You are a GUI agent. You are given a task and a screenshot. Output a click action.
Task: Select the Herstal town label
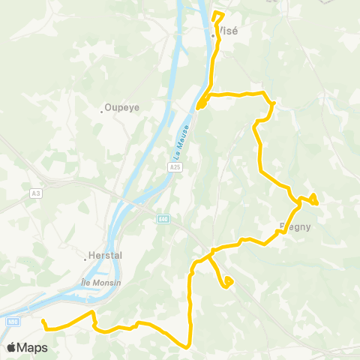click(x=105, y=255)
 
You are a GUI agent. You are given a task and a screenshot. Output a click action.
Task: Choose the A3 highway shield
click(x=35, y=193)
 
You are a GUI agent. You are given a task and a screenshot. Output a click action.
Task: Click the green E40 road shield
click(x=163, y=219)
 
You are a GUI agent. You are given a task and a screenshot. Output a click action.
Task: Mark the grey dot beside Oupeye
click(x=103, y=112)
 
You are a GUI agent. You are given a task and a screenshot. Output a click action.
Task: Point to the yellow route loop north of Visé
click(x=218, y=16)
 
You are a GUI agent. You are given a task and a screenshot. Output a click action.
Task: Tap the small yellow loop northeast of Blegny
click(x=313, y=198)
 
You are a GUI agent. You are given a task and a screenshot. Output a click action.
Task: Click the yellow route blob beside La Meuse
click(x=201, y=105)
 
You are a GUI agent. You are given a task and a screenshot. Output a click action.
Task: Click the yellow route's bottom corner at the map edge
click(x=188, y=343)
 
